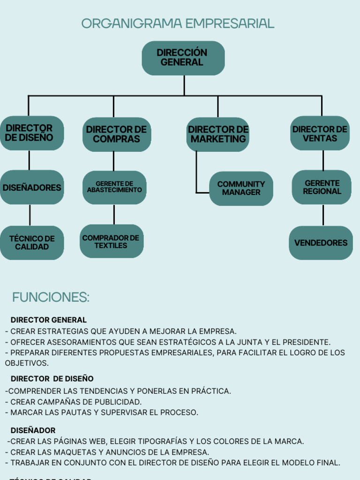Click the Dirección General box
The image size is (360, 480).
coord(183,58)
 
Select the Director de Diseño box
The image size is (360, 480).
coord(31,133)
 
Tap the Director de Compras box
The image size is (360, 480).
coord(117,134)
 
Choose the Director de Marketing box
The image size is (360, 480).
coord(218,134)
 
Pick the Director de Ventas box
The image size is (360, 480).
coord(320,134)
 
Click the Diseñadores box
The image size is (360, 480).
coord(32,187)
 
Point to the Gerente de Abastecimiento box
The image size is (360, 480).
coord(114,187)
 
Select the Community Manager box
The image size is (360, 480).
coord(241,188)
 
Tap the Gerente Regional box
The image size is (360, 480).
coord(322,187)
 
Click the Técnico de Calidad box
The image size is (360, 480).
coord(32,243)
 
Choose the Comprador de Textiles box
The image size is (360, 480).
coord(111,241)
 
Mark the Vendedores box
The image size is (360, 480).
coord(321,243)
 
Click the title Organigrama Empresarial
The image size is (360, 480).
coord(178,23)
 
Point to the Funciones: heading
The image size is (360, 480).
coord(51,297)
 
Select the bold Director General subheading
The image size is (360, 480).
coord(49,320)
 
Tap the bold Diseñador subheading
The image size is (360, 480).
coord(33,430)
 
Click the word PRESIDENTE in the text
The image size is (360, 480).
coord(306,342)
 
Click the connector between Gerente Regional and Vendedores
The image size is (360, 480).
coord(323,215)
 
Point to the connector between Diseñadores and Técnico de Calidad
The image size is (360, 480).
coord(30,215)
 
